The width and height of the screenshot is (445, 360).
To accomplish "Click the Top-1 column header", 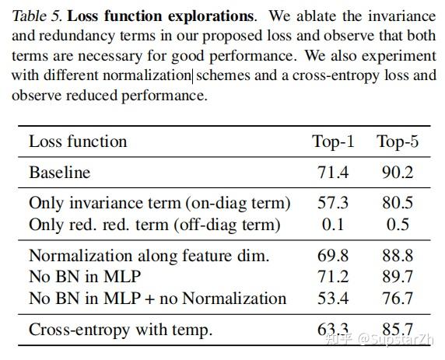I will (x=333, y=142).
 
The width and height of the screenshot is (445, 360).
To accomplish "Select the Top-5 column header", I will (x=397, y=142).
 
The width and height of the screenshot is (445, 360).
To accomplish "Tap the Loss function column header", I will (x=78, y=142).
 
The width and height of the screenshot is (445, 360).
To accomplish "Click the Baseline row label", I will (x=59, y=173).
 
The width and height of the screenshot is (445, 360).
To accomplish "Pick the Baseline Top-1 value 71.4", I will (x=333, y=173).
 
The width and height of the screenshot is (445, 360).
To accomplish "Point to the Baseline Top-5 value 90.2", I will (x=397, y=173).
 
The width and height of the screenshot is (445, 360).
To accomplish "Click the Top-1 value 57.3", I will (x=333, y=204).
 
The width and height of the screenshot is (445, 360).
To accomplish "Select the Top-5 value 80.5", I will (x=397, y=204).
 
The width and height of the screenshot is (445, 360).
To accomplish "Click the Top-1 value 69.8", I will (x=333, y=256).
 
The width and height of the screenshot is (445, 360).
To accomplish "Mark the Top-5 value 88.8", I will (x=397, y=256).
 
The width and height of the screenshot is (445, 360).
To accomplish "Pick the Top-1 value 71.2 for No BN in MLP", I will (x=333, y=277).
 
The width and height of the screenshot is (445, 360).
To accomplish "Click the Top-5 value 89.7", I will (x=397, y=277).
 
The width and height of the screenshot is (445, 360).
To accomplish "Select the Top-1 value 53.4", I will (x=333, y=298).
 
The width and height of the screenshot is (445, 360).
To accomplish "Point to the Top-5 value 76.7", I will (x=397, y=298).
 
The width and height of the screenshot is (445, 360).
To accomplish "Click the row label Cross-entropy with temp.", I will (x=120, y=330).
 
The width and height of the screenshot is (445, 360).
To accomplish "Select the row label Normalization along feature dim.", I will (x=149, y=256).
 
